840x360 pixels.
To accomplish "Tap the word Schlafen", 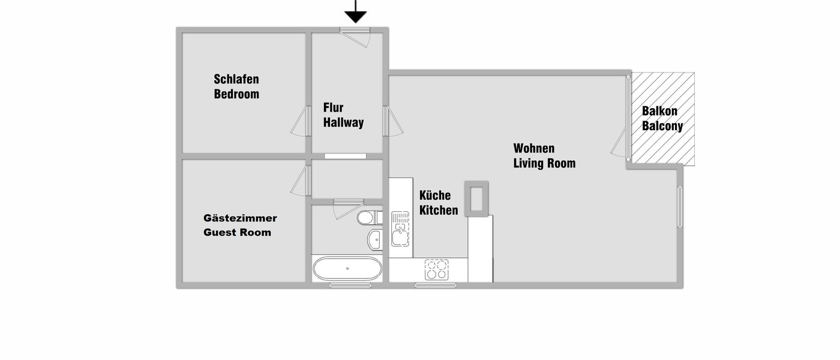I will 236,79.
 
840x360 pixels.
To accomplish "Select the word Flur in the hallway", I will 334,108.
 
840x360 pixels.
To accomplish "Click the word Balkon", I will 659,111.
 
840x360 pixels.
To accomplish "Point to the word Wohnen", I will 534,148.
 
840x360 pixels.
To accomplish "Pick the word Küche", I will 435,196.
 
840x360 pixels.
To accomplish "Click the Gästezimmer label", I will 240,218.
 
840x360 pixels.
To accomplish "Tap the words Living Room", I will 544,163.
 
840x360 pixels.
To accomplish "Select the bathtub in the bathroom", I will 347,269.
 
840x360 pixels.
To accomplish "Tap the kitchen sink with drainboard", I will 400,229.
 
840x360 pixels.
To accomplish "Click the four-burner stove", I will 436,269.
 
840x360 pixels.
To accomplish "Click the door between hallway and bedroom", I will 300,122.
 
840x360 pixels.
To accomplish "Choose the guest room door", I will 300,180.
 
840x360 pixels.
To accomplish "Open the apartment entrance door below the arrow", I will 356,36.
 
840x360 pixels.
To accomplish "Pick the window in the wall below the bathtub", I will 347,285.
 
